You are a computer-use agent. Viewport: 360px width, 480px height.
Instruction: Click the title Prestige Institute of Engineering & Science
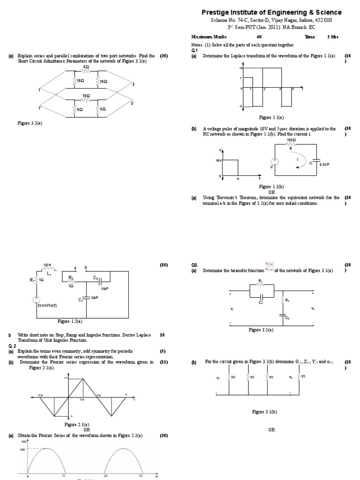(271, 12)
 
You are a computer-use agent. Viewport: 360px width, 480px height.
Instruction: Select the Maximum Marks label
(209, 37)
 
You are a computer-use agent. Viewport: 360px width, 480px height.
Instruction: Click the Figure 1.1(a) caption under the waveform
(272, 117)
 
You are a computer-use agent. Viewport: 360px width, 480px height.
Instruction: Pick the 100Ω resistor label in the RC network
(292, 140)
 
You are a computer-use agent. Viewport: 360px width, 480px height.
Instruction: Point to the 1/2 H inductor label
(46, 264)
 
